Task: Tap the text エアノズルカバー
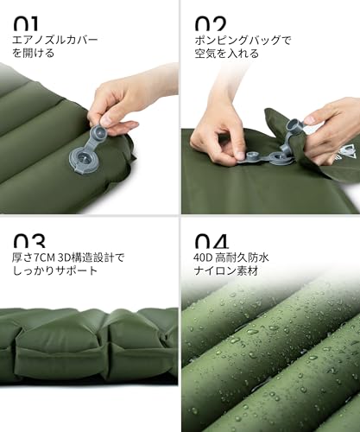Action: [54, 40]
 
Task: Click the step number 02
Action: [210, 21]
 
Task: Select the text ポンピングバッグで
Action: [243, 40]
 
